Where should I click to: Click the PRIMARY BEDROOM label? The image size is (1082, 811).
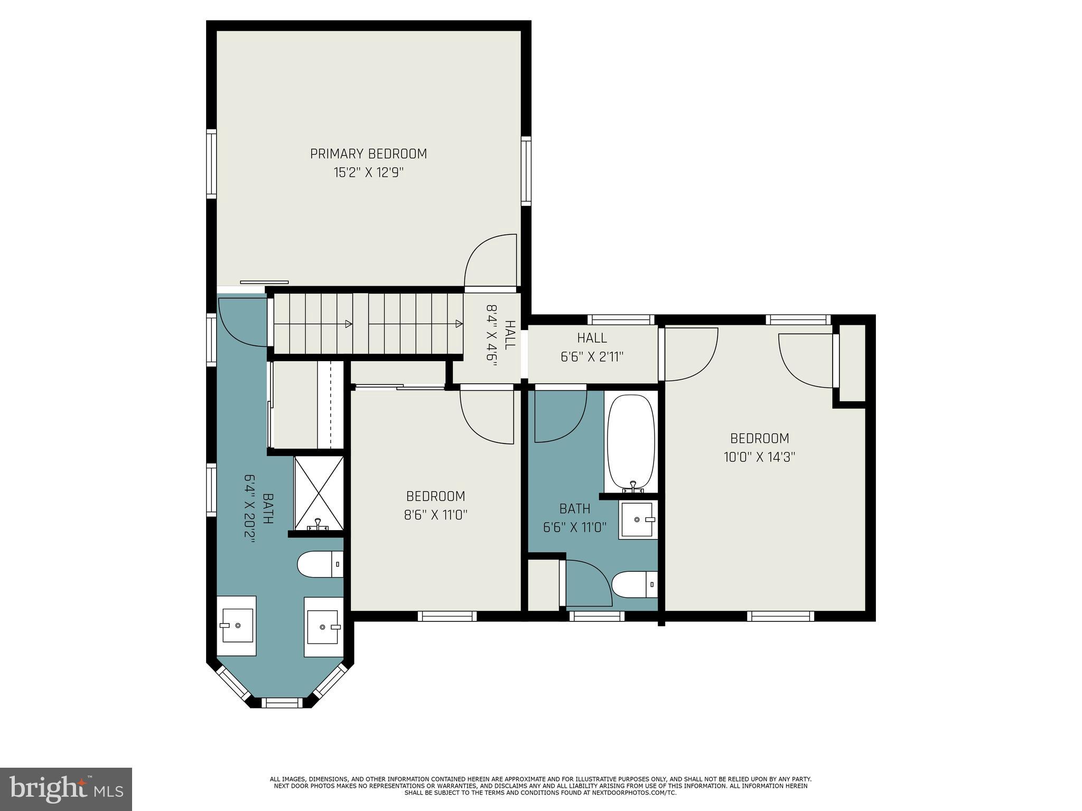pos(368,154)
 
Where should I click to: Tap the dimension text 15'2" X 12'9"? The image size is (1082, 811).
pos(368,173)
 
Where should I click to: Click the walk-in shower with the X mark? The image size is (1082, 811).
pos(319,493)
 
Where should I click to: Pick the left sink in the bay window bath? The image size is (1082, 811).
pos(237,625)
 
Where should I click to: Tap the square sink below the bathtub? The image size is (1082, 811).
pos(638,520)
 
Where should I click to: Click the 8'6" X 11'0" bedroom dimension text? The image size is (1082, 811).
pos(435,515)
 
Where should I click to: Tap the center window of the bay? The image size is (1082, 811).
pos(282,702)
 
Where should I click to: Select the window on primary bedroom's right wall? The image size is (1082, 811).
pos(526,171)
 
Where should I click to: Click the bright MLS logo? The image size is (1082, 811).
pos(66,788)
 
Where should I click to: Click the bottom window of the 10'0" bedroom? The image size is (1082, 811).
pos(780,616)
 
